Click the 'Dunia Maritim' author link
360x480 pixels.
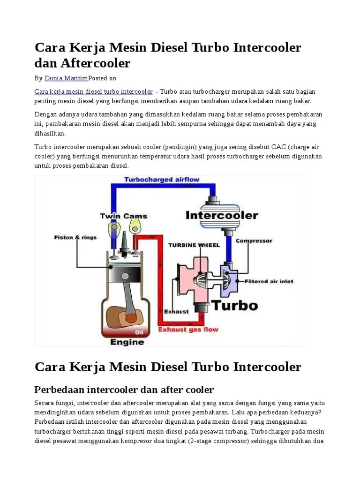point(66,78)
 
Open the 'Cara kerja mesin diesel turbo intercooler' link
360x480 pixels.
point(94,91)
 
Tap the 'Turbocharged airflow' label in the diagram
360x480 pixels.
point(161,180)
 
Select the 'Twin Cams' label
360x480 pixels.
point(123,216)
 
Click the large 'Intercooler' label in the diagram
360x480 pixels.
point(222,216)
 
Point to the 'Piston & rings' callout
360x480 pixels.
point(75,237)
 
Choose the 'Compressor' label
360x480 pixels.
point(254,241)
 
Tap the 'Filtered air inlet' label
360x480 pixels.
point(269,281)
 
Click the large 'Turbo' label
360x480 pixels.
point(228,306)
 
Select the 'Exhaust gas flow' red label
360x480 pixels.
point(188,330)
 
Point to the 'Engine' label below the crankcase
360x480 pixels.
point(127,342)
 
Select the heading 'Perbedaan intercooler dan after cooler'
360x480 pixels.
point(124,390)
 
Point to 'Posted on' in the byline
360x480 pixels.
point(102,78)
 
